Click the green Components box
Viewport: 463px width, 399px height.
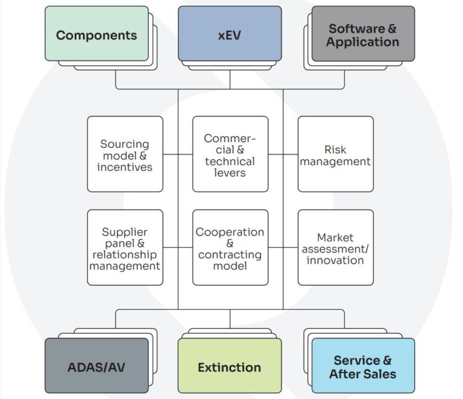point(96,34)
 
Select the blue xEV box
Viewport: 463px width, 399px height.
point(230,34)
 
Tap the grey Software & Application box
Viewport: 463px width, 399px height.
point(363,34)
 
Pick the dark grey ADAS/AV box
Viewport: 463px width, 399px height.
point(96,366)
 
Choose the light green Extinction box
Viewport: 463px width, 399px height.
point(230,366)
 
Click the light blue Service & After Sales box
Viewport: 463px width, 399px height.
point(363,366)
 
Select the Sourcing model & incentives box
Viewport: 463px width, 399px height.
point(125,155)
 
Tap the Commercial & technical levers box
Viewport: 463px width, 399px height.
point(230,155)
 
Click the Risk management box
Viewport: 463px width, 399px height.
point(335,155)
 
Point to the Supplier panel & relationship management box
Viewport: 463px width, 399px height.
point(125,247)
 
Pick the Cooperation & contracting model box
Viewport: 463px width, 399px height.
point(230,247)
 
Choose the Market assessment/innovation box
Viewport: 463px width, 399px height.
point(335,247)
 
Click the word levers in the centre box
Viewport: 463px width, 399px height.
point(230,173)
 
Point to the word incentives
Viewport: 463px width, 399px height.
point(125,167)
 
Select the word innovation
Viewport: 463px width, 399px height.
point(335,260)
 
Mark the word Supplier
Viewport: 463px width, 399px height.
point(125,232)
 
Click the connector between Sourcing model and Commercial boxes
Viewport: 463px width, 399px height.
point(177,155)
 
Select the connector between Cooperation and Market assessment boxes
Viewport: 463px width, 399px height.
point(283,247)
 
